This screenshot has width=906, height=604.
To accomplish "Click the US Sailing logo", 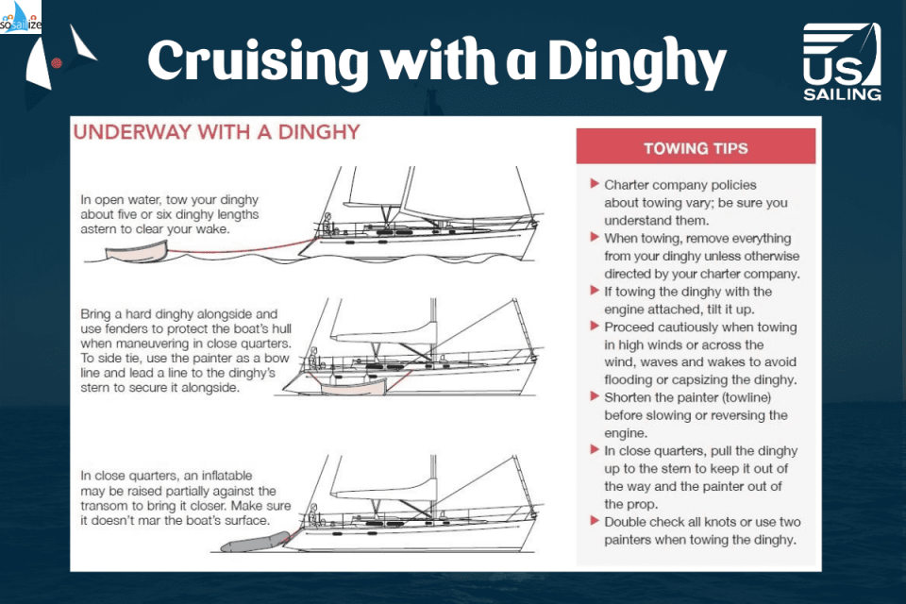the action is point(842,62).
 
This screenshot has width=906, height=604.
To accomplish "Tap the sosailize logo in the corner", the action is point(21,17).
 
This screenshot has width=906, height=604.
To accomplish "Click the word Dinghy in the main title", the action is point(636,62).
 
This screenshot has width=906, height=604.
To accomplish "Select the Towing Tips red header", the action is point(696,148).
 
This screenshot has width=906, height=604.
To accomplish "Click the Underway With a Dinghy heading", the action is point(217,132).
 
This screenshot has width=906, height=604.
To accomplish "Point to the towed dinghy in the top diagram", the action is point(136,252).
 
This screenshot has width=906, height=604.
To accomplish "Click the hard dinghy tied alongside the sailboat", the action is point(353,386).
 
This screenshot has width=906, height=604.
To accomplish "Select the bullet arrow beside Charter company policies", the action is point(594,184).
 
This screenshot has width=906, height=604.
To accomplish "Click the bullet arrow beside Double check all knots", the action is point(594,521).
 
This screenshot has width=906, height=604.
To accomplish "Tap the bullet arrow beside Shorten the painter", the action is point(594,396).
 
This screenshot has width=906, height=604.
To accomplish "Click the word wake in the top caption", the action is point(213,229).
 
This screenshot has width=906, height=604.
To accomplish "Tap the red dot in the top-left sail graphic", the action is point(57,63).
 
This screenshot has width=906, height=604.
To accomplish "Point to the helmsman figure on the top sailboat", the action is point(327,223).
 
